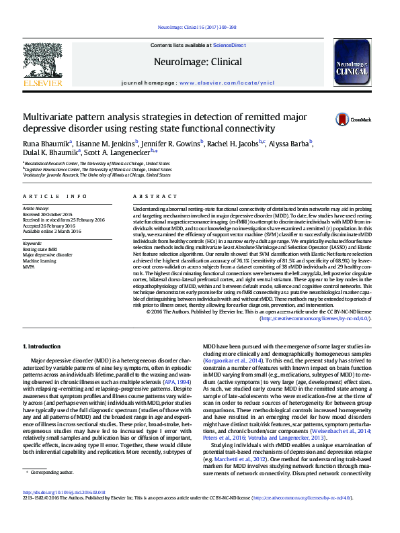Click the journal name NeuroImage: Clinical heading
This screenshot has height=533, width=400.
[x=198, y=62]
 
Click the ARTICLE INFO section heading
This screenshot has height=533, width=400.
[x=55, y=196]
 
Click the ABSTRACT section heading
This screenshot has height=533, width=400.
[x=149, y=196]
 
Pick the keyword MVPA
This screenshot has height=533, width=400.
[x=30, y=267]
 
